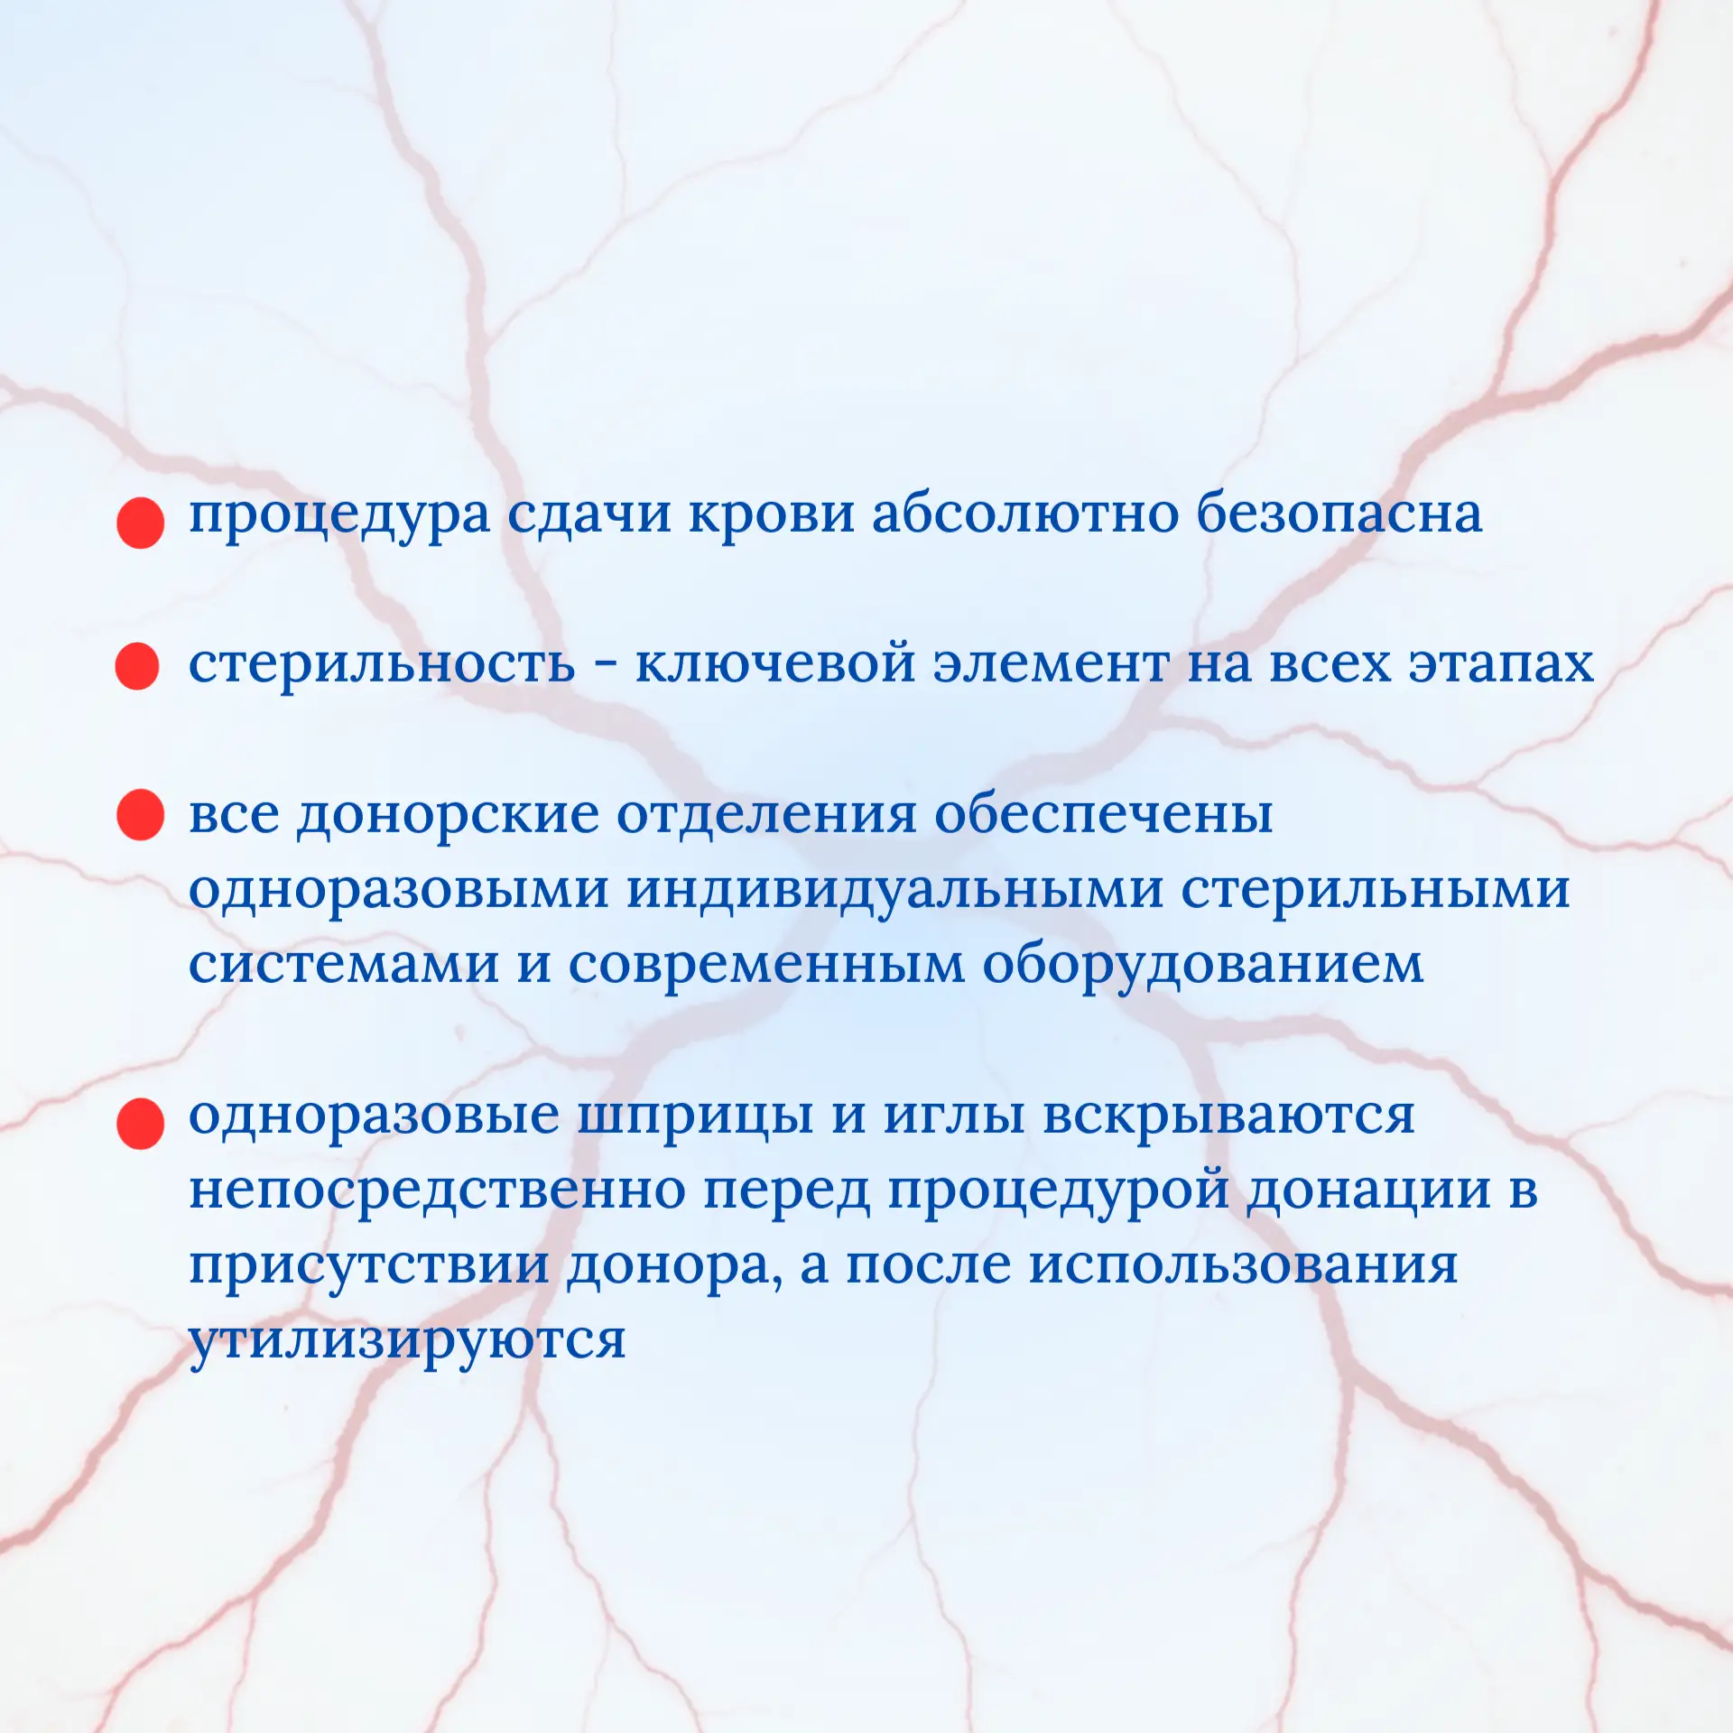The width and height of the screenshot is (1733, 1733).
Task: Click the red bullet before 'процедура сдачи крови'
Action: [141, 524]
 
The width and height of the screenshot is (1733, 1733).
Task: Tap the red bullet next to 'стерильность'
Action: [138, 666]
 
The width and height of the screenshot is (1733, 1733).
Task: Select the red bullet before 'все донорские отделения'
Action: [141, 815]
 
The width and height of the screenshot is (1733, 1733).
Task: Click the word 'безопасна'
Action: [1339, 514]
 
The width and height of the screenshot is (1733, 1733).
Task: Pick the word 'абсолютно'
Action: [1025, 514]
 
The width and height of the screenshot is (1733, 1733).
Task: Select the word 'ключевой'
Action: [775, 664]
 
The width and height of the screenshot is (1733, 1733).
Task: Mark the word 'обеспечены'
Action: [1103, 814]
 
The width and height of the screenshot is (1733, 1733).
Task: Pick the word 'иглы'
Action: [954, 1117]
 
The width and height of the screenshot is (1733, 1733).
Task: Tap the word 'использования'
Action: [1244, 1265]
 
